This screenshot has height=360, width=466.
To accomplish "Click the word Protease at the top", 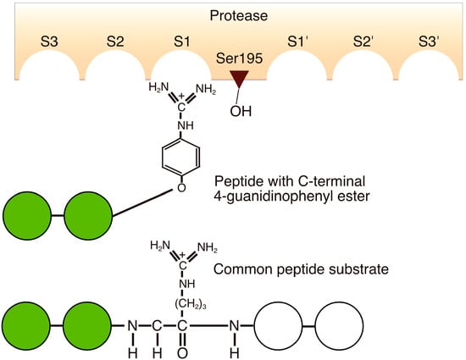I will coord(232,16).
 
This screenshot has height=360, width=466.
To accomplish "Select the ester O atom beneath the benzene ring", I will coord(181,188).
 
